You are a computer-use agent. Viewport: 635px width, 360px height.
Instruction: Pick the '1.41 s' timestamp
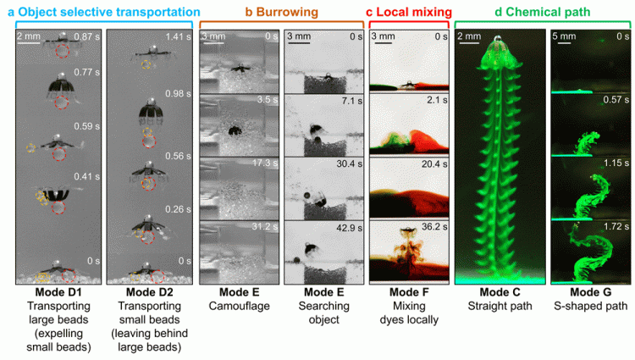coord(178,36)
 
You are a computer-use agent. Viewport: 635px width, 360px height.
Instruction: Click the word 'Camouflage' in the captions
coord(235,307)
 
